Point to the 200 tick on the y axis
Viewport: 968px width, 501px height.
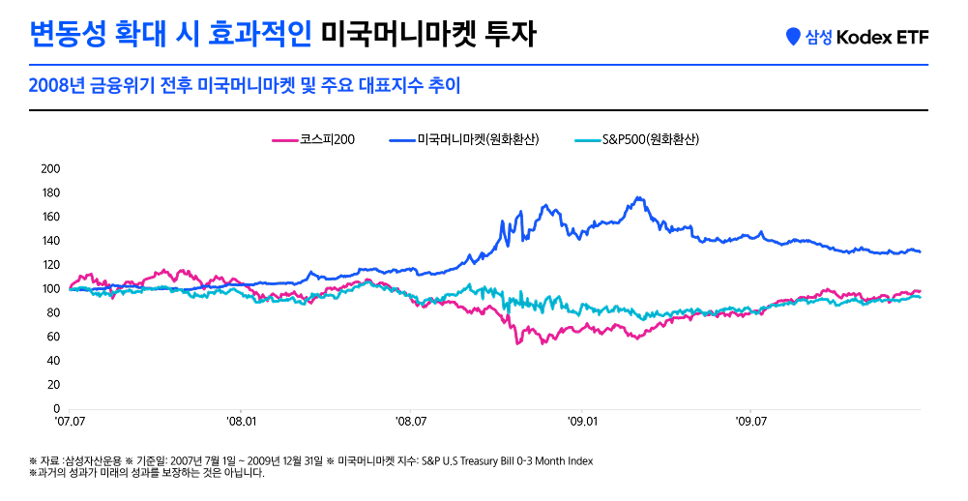(51, 168)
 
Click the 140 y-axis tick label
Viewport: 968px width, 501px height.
(51, 241)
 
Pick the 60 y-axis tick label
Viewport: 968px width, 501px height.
(54, 337)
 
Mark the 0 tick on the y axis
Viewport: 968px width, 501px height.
(57, 409)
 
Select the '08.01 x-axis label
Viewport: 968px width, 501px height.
(241, 422)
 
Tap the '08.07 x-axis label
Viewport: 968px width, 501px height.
(411, 422)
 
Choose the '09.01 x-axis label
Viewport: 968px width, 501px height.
(582, 422)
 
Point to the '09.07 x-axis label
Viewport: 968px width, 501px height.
(751, 422)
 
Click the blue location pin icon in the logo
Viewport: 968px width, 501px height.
(794, 37)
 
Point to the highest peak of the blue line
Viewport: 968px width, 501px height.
(637, 197)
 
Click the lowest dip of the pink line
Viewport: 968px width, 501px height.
(518, 343)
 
